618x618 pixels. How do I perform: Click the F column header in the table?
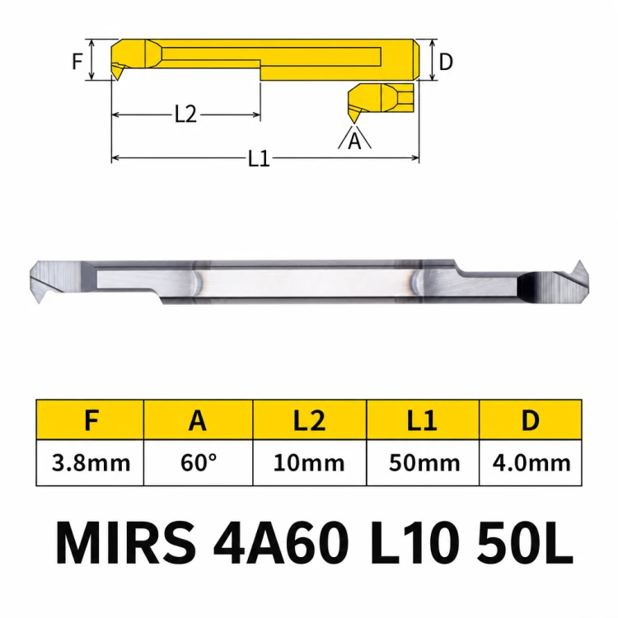91,419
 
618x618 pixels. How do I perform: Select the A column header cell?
198,419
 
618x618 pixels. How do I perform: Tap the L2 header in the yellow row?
309,419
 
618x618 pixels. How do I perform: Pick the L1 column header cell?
423,419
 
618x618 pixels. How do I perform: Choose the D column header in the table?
531,419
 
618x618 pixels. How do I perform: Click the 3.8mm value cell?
91,463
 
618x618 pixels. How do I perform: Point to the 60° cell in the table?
198,463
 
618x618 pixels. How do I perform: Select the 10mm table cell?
309,463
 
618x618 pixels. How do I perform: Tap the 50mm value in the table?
423,463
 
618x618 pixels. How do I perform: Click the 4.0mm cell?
531,463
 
